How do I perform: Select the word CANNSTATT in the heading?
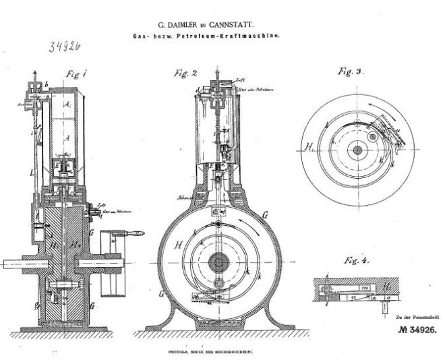pos(257,24)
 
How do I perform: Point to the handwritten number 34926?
pos(66,48)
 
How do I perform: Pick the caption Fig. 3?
pos(350,70)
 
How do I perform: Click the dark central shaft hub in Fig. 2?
pos(217,262)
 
